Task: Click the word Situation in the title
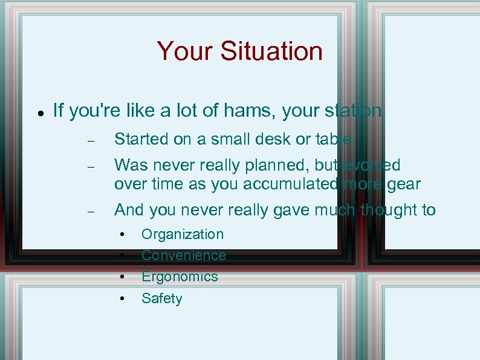coord(271,51)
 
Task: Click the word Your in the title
coord(186,51)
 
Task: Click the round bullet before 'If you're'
coord(39,113)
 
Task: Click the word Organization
coord(182,234)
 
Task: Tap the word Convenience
coord(183,255)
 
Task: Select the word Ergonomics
coord(180,277)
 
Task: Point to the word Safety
coord(161,298)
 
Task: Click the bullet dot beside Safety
coord(122,298)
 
